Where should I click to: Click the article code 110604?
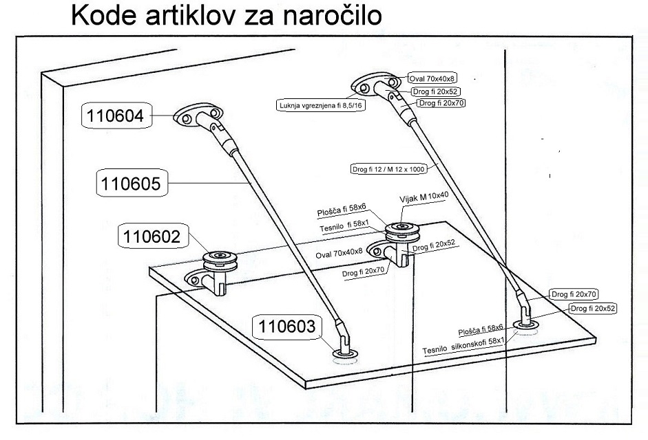pyautogui.click(x=116, y=115)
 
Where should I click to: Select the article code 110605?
pyautogui.click(x=131, y=184)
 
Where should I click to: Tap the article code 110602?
pyautogui.click(x=152, y=236)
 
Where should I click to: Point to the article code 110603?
pyautogui.click(x=286, y=326)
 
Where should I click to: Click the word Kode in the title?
pyautogui.click(x=104, y=15)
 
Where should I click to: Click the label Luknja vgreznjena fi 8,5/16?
pyautogui.click(x=320, y=105)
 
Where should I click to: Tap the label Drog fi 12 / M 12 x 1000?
pyautogui.click(x=388, y=169)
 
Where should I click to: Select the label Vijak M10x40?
pyautogui.click(x=424, y=199)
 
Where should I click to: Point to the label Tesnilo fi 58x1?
pyautogui.click(x=344, y=226)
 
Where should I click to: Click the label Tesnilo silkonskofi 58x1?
pyautogui.click(x=463, y=346)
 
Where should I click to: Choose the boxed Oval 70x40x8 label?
pyautogui.click(x=427, y=78)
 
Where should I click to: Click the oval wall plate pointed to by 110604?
pyautogui.click(x=198, y=115)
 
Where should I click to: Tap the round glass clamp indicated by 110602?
pyautogui.click(x=220, y=261)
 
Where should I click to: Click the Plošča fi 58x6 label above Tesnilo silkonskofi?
pyautogui.click(x=481, y=330)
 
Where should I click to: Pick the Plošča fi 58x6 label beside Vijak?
pyautogui.click(x=342, y=210)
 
